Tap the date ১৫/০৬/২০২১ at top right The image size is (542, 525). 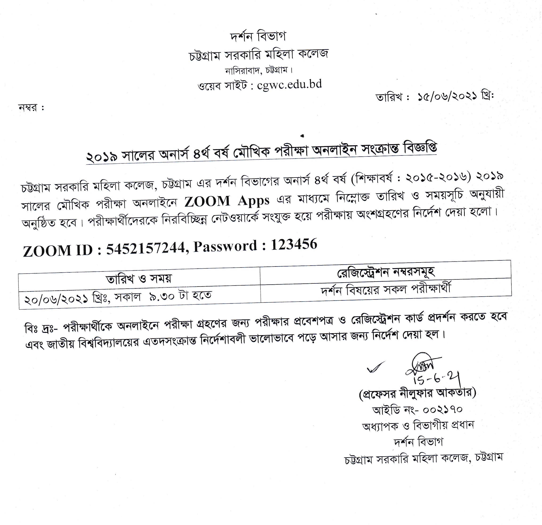click(x=448, y=96)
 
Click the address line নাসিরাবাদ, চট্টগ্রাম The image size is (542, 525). click(x=259, y=71)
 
